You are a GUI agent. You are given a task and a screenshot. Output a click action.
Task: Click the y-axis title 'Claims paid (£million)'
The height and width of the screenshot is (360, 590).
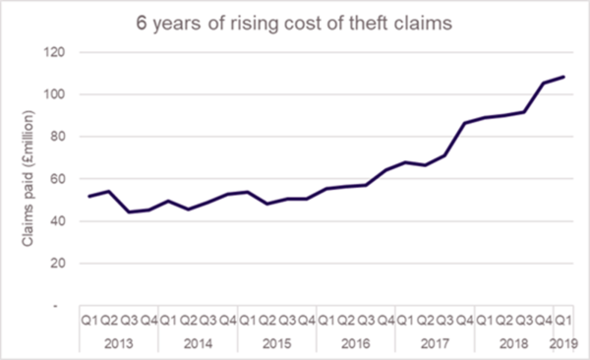click(x=32, y=178)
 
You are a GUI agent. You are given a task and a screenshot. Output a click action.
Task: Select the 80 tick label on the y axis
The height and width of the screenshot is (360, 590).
click(x=67, y=137)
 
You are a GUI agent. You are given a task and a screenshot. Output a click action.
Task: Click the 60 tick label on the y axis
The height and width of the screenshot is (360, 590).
click(x=67, y=179)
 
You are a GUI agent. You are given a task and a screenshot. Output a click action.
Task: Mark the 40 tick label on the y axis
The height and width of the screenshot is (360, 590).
click(x=67, y=221)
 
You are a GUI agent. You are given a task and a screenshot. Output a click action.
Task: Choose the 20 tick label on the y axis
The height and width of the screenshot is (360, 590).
click(x=67, y=264)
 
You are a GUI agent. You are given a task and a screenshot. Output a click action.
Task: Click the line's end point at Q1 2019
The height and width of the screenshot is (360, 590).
click(x=564, y=77)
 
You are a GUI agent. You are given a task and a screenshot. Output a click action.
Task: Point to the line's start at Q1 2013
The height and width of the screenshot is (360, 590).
click(x=89, y=197)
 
